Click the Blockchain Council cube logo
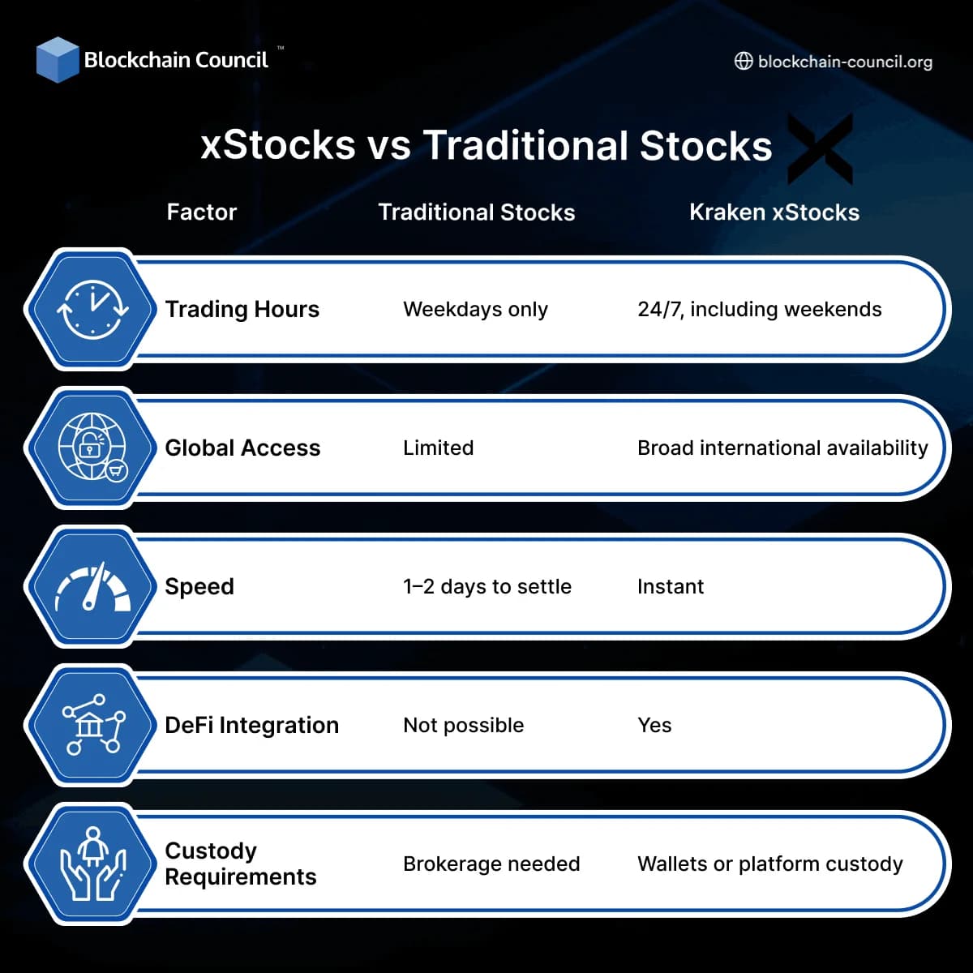point(58,59)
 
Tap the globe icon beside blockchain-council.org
point(743,62)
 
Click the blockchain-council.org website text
point(845,62)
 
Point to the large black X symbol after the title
point(821,148)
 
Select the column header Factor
point(201,212)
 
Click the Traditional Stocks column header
point(477,212)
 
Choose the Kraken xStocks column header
point(774,212)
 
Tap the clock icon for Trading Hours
point(92,310)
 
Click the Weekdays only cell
point(475,310)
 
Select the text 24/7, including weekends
point(760,310)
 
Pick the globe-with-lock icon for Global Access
point(92,448)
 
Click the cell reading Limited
point(438,448)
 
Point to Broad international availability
point(782,448)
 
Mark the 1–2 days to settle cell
point(487,587)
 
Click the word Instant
point(671,587)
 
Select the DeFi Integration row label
point(251,725)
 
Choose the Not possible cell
point(463,725)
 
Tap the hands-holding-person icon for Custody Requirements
point(92,864)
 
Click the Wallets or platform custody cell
point(770,864)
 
